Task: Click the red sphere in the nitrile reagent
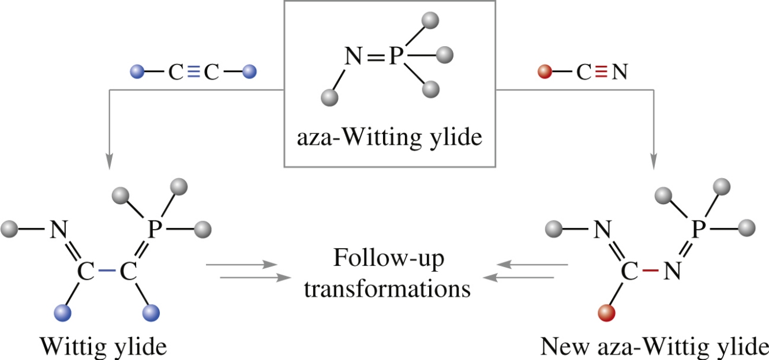point(543,73)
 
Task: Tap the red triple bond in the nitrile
point(601,73)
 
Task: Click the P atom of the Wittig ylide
point(153,230)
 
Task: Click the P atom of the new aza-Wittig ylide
point(699,230)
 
